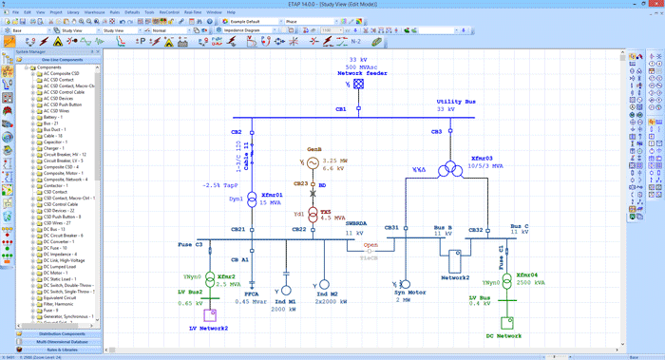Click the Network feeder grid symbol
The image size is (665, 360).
pos(359,84)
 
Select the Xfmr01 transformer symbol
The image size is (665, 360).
pos(252,200)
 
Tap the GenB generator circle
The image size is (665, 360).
pos(299,163)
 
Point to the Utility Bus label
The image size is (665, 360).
pos(454,102)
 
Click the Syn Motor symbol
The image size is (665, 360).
pos(404,286)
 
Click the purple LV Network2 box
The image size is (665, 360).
pos(213,313)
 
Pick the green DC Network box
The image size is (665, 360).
pos(505,322)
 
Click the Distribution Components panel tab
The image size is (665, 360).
pos(62,334)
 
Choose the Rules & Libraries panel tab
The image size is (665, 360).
pos(62,350)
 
